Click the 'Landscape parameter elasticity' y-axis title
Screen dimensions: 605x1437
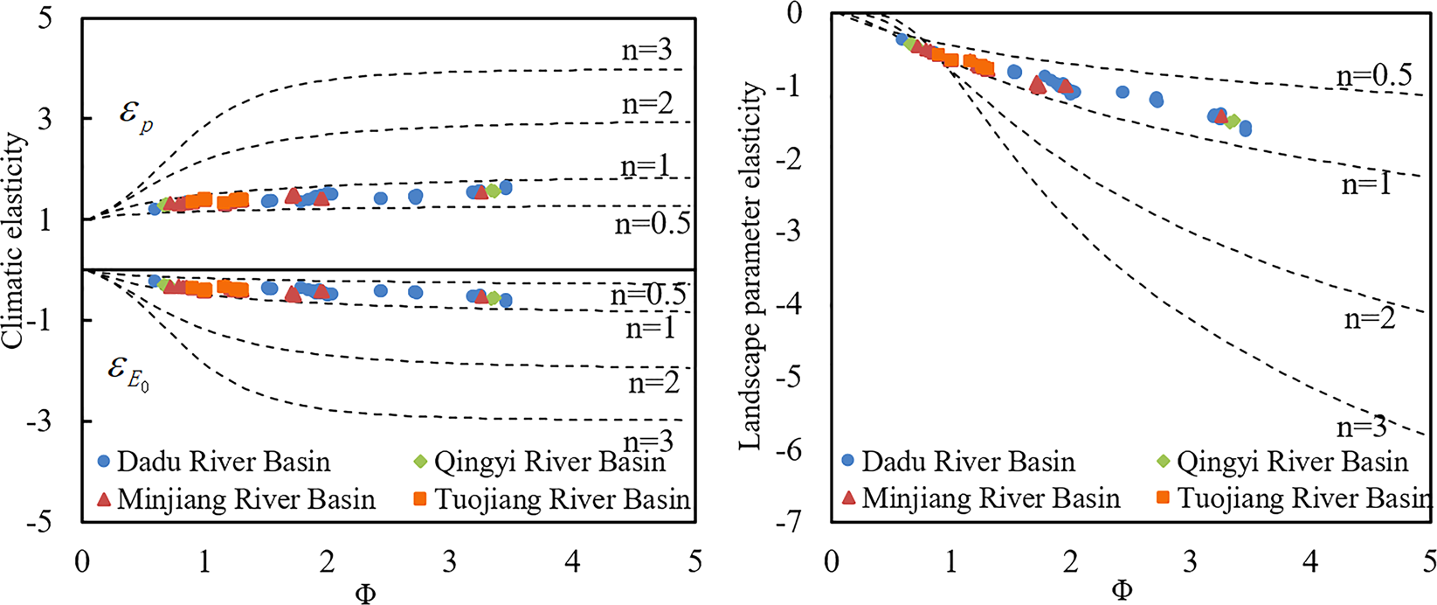coord(752,267)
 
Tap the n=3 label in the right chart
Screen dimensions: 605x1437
coord(1361,427)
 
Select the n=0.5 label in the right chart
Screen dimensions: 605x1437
coord(1373,76)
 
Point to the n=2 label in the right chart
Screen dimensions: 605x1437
coord(1369,319)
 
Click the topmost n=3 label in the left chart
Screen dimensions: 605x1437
coord(646,50)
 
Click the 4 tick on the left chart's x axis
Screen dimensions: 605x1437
coord(572,561)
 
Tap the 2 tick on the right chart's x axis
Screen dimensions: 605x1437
coord(1070,561)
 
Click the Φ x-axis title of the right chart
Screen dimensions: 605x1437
coord(1122,591)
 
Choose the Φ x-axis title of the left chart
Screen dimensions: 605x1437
coord(366,594)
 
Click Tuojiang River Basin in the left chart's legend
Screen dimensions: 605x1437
coord(562,499)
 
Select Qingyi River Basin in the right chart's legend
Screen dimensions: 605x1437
coord(1292,462)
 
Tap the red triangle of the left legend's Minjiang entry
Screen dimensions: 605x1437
coord(103,499)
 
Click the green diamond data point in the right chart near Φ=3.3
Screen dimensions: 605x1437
coord(1232,122)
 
